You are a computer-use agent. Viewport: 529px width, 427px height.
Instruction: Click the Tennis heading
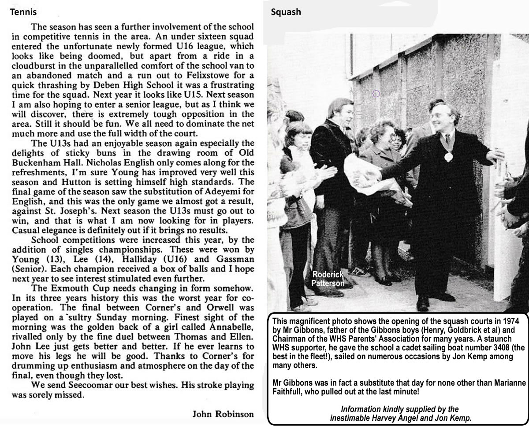tap(23, 12)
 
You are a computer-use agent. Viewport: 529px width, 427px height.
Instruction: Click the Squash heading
tap(286, 12)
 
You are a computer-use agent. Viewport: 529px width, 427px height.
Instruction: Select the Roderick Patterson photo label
tap(327, 279)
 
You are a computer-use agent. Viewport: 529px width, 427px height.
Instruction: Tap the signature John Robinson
tap(223, 414)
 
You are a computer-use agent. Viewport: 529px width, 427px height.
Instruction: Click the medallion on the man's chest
tap(448, 156)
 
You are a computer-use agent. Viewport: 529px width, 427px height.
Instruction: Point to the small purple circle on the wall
tap(376, 93)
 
